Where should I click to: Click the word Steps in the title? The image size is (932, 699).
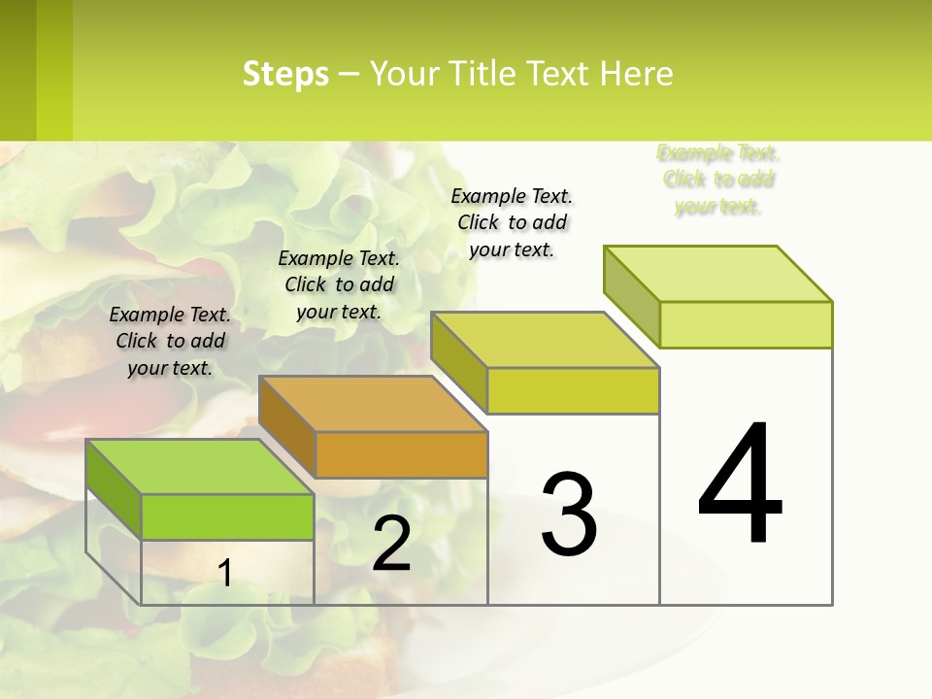pyautogui.click(x=285, y=74)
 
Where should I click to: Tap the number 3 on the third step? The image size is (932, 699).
pyautogui.click(x=569, y=514)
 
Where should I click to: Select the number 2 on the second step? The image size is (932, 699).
pyautogui.click(x=391, y=543)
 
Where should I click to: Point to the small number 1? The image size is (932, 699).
pyautogui.click(x=224, y=573)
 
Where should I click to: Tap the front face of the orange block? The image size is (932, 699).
pyautogui.click(x=401, y=454)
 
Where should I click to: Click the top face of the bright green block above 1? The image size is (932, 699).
pyautogui.click(x=199, y=467)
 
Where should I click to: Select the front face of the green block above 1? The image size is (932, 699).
pyautogui.click(x=227, y=516)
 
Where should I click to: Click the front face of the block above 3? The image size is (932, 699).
pyautogui.click(x=573, y=391)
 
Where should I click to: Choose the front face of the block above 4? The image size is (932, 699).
pyautogui.click(x=746, y=324)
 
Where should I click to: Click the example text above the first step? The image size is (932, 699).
pyautogui.click(x=170, y=341)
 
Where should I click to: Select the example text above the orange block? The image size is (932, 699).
pyautogui.click(x=339, y=284)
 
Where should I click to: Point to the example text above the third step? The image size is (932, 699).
pyautogui.click(x=512, y=222)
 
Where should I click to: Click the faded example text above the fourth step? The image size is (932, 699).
pyautogui.click(x=718, y=180)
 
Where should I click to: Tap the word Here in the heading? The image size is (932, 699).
pyautogui.click(x=636, y=74)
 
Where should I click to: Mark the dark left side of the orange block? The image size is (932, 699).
pyautogui.click(x=287, y=426)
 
